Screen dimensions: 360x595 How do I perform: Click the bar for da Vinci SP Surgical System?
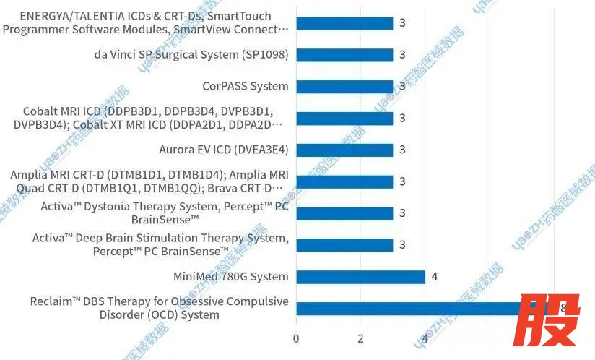click(344, 55)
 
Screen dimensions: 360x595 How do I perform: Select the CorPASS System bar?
click(344, 87)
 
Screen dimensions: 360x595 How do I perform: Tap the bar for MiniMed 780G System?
click(360, 277)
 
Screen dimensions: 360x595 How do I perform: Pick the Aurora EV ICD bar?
click(344, 150)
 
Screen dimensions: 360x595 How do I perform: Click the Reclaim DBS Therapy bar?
click(408, 309)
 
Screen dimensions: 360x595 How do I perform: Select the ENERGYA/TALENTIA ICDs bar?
click(344, 23)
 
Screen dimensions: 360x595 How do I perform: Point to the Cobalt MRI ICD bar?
click(344, 119)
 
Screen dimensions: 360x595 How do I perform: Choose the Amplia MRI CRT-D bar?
click(344, 181)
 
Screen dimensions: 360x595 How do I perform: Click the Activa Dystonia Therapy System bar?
click(344, 213)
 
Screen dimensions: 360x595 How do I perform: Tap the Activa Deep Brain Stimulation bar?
click(344, 245)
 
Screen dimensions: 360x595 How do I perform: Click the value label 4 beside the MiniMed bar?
click(435, 276)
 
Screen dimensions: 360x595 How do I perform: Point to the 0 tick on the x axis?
click(296, 338)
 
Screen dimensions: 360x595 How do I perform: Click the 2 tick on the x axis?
click(360, 338)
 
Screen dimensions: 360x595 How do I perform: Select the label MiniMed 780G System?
click(230, 277)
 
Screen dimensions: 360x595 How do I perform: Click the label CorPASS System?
click(245, 87)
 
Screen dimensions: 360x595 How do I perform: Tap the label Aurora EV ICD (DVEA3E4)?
click(223, 150)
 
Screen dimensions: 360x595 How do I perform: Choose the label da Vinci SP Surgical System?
click(191, 55)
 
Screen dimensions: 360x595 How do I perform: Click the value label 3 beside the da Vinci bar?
click(402, 55)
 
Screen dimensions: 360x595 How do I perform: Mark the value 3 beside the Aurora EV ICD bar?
click(402, 150)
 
